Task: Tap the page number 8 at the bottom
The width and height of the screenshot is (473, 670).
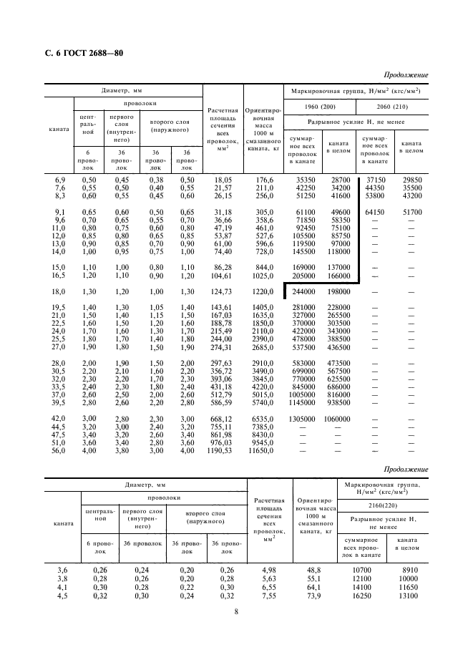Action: click(x=236, y=611)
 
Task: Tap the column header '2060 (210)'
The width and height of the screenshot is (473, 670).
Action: click(x=392, y=107)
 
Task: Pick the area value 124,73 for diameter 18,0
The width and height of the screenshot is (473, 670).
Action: click(x=221, y=292)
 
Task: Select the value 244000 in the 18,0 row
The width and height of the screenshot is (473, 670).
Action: click(x=305, y=292)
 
